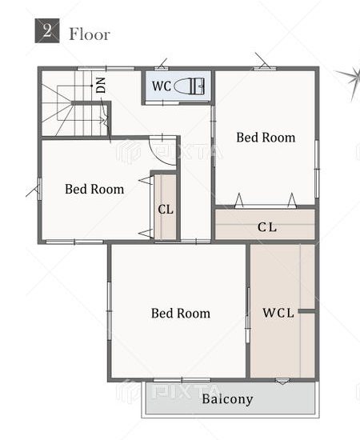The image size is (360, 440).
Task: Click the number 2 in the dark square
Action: pos(47,30)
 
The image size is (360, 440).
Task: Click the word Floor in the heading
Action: pos(90,34)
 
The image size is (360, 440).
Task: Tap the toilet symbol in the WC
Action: pos(190,86)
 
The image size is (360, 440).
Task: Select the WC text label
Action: pos(162,86)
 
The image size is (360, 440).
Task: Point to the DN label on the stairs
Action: pos(101,85)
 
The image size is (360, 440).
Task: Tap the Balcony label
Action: pos(227,399)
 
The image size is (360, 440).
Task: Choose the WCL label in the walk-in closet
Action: pos(278,313)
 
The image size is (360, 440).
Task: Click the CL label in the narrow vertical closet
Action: pos(166,210)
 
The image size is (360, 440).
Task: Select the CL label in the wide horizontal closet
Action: pos(267,227)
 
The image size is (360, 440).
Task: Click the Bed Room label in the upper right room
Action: pos(266,138)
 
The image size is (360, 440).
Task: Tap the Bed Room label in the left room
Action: pos(94,189)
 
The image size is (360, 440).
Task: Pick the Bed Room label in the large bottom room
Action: pos(181,313)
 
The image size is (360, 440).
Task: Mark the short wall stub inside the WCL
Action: pos(306,311)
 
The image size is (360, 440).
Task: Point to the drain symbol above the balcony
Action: pos(282,381)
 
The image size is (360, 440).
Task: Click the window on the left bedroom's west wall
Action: pos(40,189)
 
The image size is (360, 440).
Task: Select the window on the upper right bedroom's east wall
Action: pos(317,169)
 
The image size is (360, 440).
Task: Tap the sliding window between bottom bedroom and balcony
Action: pos(182,380)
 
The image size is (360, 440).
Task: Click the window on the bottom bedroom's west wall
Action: pos(109,311)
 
